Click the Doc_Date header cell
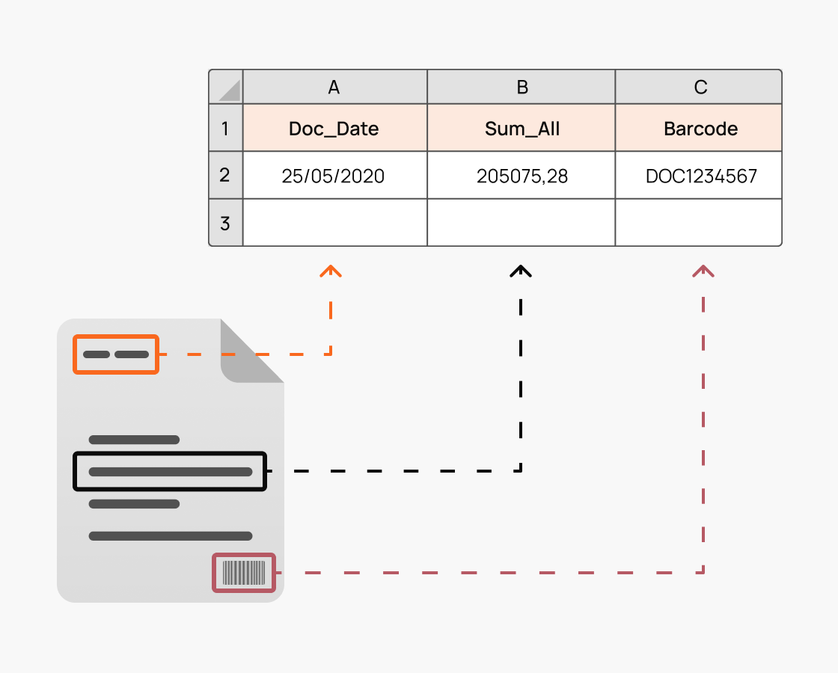pyautogui.click(x=334, y=129)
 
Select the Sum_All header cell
pyautogui.click(x=522, y=129)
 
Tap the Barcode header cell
pyautogui.click(x=700, y=129)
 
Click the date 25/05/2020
pyautogui.click(x=334, y=176)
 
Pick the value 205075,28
pyautogui.click(x=522, y=176)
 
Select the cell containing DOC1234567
pyautogui.click(x=700, y=176)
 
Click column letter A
pyautogui.click(x=334, y=87)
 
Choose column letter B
pyautogui.click(x=522, y=87)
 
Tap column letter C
pyautogui.click(x=700, y=87)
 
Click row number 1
pyautogui.click(x=225, y=129)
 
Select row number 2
pyautogui.click(x=225, y=176)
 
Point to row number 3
pyautogui.click(x=225, y=223)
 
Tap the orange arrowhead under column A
pyautogui.click(x=331, y=271)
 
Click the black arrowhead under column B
pyautogui.click(x=521, y=271)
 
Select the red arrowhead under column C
pyautogui.click(x=703, y=271)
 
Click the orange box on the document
pyautogui.click(x=116, y=354)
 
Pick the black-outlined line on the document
pyautogui.click(x=170, y=471)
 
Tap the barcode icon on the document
pyautogui.click(x=245, y=573)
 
